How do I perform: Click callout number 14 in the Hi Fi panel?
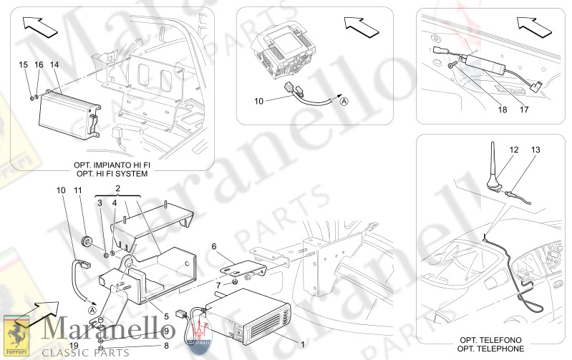click(54, 65)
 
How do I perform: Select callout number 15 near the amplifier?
click(24, 65)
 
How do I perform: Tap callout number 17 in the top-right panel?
click(524, 110)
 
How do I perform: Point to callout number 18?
click(503, 110)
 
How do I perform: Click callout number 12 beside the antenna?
click(514, 150)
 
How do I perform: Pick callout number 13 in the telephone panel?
click(535, 150)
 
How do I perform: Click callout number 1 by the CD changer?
click(302, 344)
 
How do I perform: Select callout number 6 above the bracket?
click(214, 247)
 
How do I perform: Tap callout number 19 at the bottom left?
click(74, 346)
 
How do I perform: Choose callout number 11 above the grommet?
click(78, 190)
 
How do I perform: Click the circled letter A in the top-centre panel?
click(344, 102)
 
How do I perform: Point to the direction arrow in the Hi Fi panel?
click(40, 26)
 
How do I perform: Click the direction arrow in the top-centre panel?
click(362, 27)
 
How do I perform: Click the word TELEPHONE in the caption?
click(500, 349)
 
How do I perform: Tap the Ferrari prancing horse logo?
click(16, 336)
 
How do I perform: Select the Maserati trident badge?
click(199, 334)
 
